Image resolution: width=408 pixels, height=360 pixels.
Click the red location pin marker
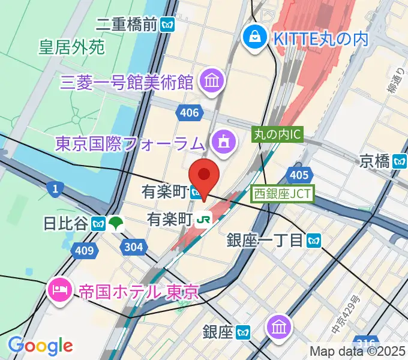204,175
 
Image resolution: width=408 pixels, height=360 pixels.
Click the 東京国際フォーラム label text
130,143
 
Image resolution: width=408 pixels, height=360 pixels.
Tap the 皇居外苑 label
71,47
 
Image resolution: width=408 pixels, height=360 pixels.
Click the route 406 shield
188,112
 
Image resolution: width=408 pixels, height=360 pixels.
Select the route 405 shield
298,174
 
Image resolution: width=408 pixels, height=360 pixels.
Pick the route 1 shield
55,190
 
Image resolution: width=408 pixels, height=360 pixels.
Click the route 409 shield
85,251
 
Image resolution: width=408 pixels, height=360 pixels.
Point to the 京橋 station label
375,160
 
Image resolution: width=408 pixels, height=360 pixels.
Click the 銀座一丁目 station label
265,241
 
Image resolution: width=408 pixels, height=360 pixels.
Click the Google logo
41,345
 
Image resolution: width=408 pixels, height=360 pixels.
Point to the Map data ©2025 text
358,352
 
